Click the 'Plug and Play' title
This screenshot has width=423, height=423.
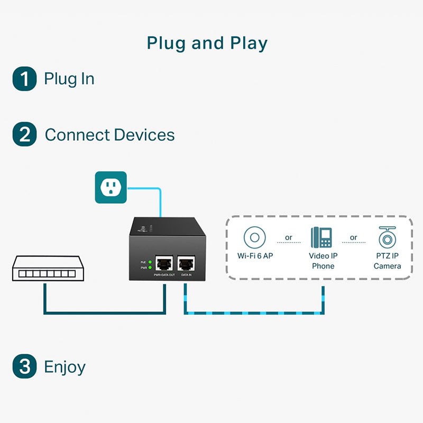[207, 43]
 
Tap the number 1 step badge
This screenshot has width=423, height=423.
[24, 79]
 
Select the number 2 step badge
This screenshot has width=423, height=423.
[24, 134]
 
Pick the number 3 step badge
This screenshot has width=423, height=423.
[24, 367]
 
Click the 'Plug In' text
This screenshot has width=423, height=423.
[69, 79]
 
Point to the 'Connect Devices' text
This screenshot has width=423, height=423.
[109, 134]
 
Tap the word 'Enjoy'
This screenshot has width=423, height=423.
[65, 367]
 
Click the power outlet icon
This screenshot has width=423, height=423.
[111, 187]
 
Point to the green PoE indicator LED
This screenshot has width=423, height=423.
[150, 262]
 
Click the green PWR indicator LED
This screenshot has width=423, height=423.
[150, 268]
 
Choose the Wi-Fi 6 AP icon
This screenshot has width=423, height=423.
[255, 237]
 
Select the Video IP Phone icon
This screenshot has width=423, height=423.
[321, 237]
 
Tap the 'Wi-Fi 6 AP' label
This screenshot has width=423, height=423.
[255, 256]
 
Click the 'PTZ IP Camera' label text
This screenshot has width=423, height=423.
[387, 261]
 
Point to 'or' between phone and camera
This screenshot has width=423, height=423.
[353, 237]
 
